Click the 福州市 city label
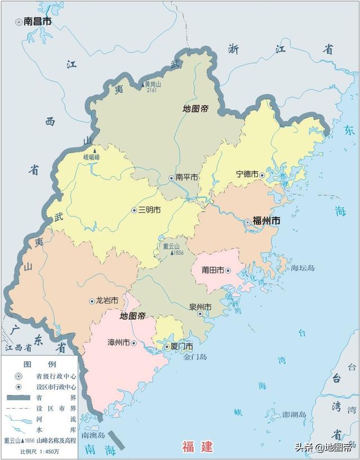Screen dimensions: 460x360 (267, 221)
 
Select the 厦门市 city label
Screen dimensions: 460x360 (182, 346)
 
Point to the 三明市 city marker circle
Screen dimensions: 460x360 (134, 210)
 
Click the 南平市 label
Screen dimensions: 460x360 (187, 177)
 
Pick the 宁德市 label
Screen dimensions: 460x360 (247, 175)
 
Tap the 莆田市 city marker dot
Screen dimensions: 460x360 (228, 270)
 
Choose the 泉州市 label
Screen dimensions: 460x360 (200, 307)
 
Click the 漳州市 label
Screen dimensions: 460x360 (118, 342)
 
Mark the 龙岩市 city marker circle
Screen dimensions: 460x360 (92, 301)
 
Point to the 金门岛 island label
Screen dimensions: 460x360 (196, 356)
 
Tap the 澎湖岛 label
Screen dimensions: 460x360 (294, 415)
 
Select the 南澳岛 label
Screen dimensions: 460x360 (93, 435)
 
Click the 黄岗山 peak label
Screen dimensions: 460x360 (154, 84)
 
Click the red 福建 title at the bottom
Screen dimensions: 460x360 (197, 447)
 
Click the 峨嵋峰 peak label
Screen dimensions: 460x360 (91, 158)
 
